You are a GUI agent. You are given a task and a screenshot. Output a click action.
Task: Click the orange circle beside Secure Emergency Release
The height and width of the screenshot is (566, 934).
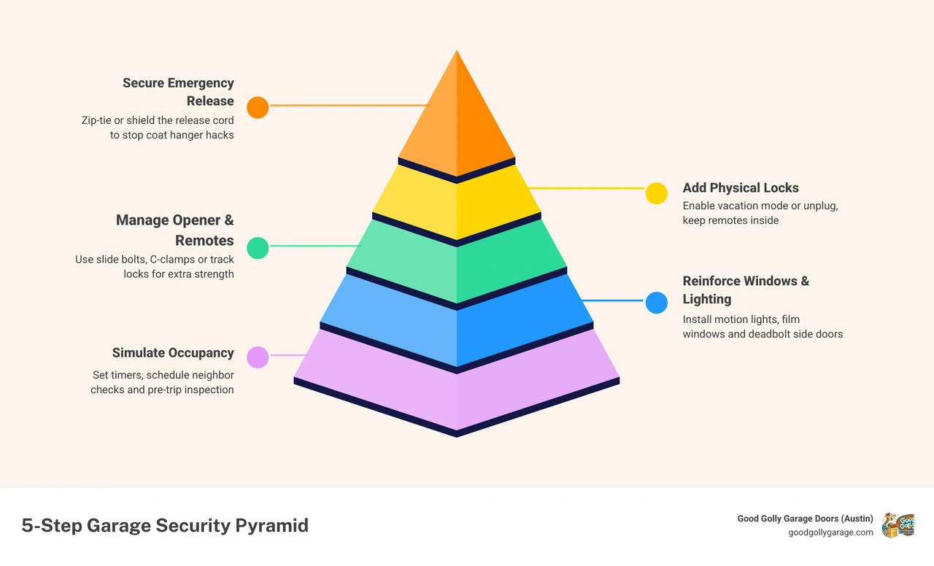tap(258, 107)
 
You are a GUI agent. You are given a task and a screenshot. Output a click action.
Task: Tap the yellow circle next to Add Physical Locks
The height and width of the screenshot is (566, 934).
tap(656, 193)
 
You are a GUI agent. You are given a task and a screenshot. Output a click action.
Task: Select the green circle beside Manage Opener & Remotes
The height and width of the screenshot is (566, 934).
tap(258, 248)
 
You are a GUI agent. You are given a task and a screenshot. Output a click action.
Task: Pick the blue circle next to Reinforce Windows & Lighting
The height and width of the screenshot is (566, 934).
tap(656, 303)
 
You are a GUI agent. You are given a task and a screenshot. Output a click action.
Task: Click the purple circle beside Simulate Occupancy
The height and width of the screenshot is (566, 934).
tap(258, 357)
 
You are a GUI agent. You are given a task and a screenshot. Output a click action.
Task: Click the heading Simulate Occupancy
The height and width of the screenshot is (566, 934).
tap(173, 353)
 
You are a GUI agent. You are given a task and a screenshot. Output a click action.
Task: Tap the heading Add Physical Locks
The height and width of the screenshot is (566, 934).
tap(741, 188)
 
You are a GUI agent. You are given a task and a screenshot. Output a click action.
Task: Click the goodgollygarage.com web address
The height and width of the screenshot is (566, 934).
tap(830, 532)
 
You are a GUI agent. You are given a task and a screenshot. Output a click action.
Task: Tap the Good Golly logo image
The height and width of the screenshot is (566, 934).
tap(898, 525)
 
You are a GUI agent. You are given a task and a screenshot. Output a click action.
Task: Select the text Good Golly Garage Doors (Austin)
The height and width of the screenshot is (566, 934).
tap(805, 519)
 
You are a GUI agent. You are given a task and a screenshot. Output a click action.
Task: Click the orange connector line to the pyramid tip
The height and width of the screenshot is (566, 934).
tap(350, 106)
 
